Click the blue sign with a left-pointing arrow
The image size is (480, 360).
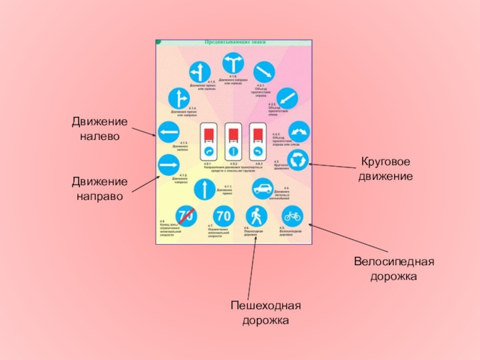coord(168,133)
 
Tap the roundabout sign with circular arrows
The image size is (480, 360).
coord(299,159)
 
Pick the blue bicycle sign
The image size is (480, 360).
coord(293,215)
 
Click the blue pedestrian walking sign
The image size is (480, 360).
coord(256,215)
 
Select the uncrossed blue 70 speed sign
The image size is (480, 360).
coord(223,215)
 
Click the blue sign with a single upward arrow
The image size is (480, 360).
coord(205,188)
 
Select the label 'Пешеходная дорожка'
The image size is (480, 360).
coord(266,313)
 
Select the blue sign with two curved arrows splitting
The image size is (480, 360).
coord(299,130)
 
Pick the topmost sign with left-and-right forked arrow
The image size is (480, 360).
coord(233,64)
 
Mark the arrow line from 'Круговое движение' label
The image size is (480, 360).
coord(333,166)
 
